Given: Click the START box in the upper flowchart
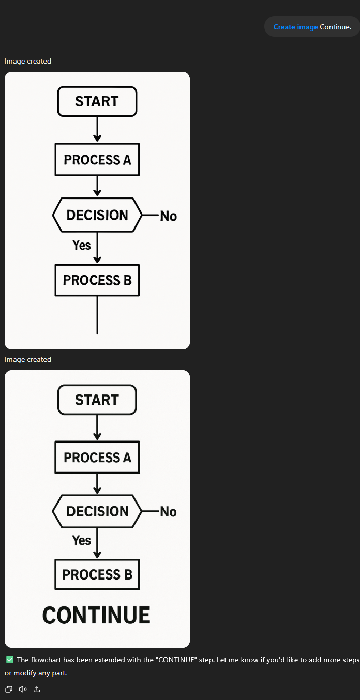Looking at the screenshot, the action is click(x=97, y=101).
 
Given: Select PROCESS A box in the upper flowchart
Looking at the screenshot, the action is click(x=97, y=160).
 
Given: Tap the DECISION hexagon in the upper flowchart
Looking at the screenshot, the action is click(x=97, y=215).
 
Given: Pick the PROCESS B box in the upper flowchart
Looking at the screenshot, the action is click(x=97, y=280).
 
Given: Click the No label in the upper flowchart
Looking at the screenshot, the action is click(x=168, y=216).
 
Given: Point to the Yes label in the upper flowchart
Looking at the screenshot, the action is click(x=82, y=246).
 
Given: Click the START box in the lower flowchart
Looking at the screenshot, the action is click(x=97, y=400).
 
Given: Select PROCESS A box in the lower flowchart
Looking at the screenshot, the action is click(x=97, y=458).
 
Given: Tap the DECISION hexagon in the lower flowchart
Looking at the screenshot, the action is click(x=97, y=512).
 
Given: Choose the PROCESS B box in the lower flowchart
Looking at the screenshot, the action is click(x=97, y=575).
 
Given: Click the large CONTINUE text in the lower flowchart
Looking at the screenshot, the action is click(x=96, y=615).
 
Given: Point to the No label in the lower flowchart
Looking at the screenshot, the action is click(x=168, y=512).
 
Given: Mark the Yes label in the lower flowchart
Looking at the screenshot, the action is click(x=81, y=540).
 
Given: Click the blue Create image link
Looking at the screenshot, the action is click(x=295, y=27).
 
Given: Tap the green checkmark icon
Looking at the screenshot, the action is click(x=10, y=660).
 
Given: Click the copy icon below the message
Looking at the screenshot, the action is click(x=9, y=689).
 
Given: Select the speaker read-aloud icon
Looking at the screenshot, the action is click(x=23, y=689).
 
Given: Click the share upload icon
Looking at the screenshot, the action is click(x=37, y=689).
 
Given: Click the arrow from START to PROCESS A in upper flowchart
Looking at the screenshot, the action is click(x=97, y=129).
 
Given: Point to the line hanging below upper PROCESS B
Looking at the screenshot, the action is click(x=97, y=315).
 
